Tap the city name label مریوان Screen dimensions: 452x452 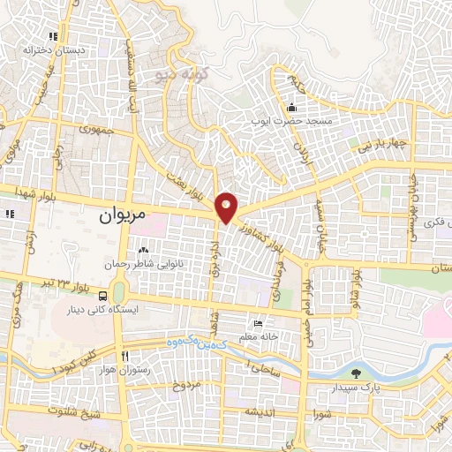(x=121, y=214)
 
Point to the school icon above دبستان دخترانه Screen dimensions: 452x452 (x=54, y=37)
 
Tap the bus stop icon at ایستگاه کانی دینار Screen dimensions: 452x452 (x=104, y=296)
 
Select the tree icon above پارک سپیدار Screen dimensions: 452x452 (x=357, y=373)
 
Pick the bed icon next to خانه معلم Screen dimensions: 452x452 (x=257, y=323)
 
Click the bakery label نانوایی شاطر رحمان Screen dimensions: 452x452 (x=139, y=263)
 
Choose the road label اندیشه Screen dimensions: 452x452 (x=264, y=411)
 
